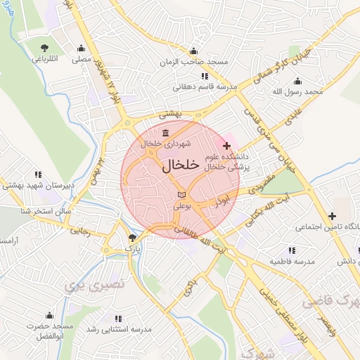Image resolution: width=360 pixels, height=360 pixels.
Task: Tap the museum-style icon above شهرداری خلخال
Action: [165, 134]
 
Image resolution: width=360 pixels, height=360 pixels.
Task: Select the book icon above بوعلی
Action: [182, 193]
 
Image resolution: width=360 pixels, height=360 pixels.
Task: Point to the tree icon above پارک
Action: [133, 238]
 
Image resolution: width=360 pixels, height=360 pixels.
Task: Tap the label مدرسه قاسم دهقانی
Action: [205, 88]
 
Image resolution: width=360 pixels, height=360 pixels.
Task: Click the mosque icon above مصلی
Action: [82, 49]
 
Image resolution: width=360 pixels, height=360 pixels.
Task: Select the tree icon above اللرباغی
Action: [45, 48]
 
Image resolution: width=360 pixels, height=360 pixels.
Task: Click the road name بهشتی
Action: [170, 113]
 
